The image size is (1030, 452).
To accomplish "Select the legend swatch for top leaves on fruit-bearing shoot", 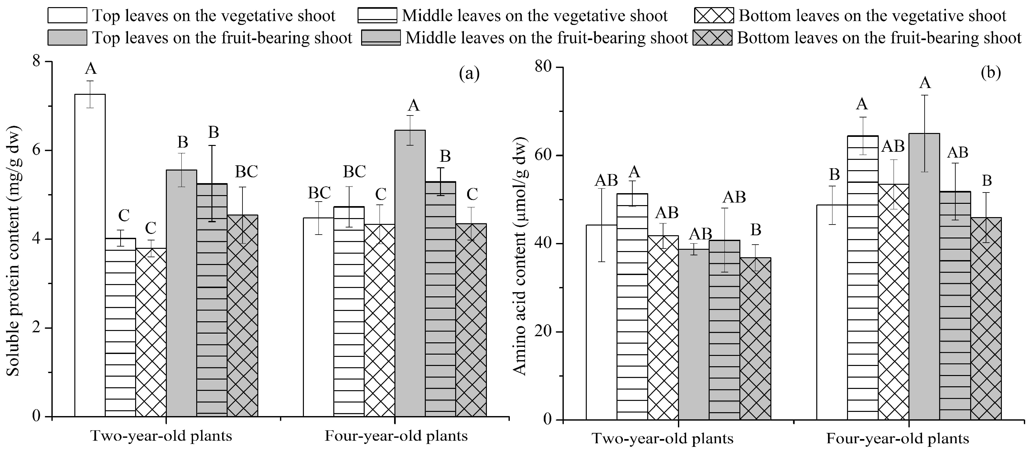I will [x=67, y=38].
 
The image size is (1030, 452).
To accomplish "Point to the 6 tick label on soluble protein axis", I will [x=37, y=151].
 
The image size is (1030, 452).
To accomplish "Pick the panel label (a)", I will [x=469, y=74].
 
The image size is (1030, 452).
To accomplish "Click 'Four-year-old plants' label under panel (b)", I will [x=898, y=439].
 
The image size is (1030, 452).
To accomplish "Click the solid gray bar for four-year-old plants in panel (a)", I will [x=410, y=274].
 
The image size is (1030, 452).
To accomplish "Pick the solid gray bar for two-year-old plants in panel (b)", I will [x=694, y=334].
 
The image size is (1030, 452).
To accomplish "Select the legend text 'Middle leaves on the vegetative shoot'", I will [x=535, y=16].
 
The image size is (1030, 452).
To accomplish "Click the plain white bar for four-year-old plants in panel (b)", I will [x=832, y=312].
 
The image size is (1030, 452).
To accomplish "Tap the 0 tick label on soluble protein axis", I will [x=37, y=416].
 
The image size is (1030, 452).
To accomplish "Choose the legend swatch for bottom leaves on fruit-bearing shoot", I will [x=713, y=38].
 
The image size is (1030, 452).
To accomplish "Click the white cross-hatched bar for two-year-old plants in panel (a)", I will [x=151, y=332].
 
